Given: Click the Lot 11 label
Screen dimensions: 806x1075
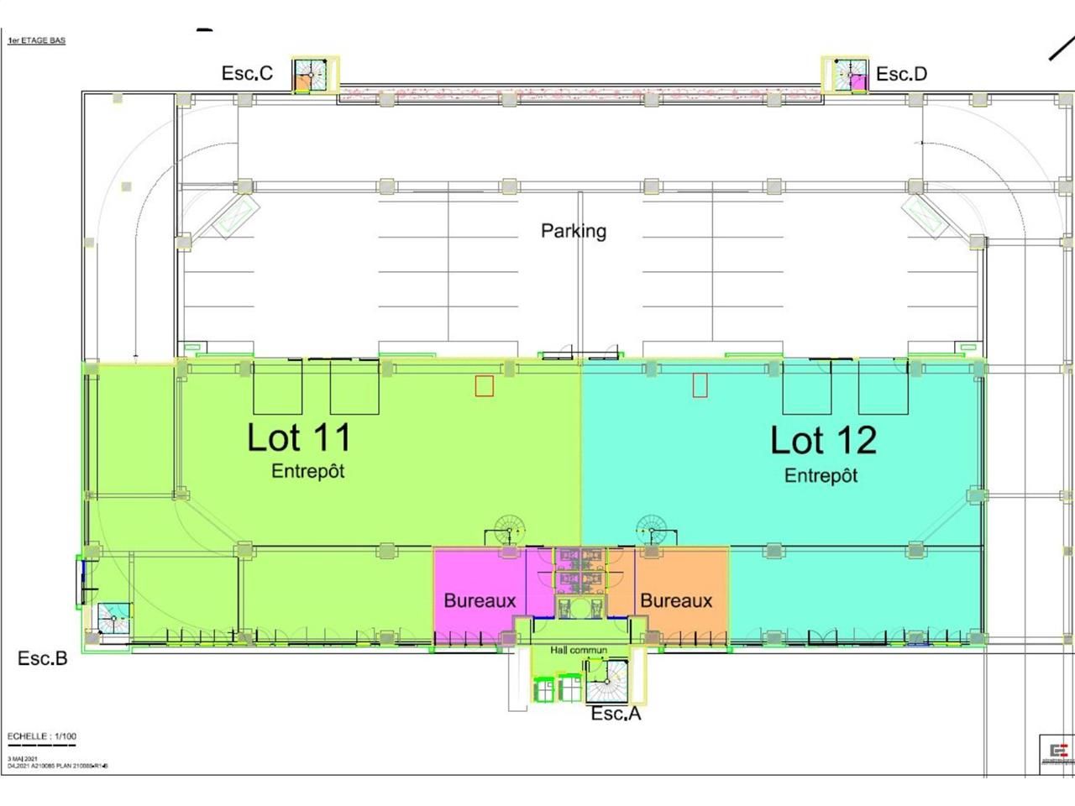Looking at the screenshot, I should coord(299,437).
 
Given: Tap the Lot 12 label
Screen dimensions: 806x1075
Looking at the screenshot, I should coord(823,440).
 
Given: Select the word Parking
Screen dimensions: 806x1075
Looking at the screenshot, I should coord(574,230).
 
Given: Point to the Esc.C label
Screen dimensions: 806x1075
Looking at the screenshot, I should coord(247,73).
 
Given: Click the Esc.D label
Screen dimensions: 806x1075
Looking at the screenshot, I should coord(901,74).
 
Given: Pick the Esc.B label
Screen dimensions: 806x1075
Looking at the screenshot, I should coord(42,658).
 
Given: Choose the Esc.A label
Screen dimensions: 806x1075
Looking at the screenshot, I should coord(616,714).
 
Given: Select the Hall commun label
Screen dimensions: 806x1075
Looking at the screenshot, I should coord(579,650).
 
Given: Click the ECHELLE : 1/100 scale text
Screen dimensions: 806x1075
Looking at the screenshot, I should coord(42,736).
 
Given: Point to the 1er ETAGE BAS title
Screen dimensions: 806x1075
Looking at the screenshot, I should coord(36,40).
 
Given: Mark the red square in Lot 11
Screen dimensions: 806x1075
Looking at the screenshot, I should coord(484,385).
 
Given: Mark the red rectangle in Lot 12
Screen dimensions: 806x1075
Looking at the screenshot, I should coord(700,385).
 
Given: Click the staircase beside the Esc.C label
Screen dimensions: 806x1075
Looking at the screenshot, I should coord(310,76).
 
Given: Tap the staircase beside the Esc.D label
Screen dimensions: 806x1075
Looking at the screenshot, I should coord(849,76).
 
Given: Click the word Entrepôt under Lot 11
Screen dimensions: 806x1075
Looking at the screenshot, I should coord(307,471).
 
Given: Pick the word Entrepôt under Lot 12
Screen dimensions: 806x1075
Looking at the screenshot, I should coord(821,475).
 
